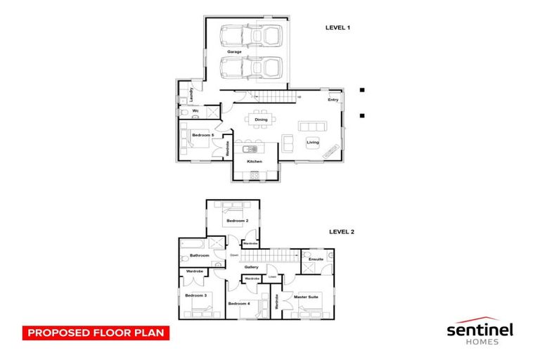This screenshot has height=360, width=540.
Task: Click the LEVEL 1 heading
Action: point(337,27)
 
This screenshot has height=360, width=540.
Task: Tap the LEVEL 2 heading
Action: point(342,231)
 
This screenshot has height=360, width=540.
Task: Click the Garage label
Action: point(234,52)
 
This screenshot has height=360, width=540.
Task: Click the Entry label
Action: point(333,100)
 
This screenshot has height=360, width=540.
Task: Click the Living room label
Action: point(312,143)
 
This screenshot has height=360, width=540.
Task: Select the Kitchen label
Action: point(255,162)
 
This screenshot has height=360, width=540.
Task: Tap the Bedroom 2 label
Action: point(236,221)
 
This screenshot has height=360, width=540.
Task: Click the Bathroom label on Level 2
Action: point(200,255)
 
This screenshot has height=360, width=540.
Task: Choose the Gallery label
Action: point(252,267)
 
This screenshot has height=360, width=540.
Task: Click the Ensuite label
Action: point(316,259)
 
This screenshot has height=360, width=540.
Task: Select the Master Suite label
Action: point(307,297)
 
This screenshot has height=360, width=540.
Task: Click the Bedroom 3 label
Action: point(195,295)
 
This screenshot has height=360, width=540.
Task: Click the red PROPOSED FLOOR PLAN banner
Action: point(96,333)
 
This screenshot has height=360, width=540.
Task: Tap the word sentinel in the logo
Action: point(480,329)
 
